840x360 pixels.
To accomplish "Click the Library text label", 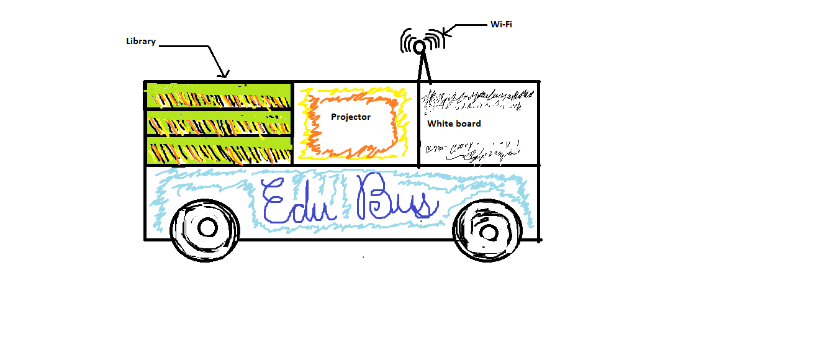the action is (x=140, y=42).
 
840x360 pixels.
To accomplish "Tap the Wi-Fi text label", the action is (x=501, y=25).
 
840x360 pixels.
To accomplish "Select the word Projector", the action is (x=350, y=117).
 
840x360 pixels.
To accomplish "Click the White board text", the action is (x=454, y=124).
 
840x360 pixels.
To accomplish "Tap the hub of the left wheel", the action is (x=207, y=228).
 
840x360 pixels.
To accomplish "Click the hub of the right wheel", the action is (x=489, y=233).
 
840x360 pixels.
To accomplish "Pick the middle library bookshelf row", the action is (x=219, y=124).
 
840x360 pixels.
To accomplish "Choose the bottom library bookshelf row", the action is (x=219, y=151).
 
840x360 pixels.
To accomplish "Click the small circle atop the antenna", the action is (x=420, y=47).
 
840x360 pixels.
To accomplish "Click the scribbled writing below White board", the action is (x=472, y=151).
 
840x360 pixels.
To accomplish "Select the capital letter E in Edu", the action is (x=273, y=202).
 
